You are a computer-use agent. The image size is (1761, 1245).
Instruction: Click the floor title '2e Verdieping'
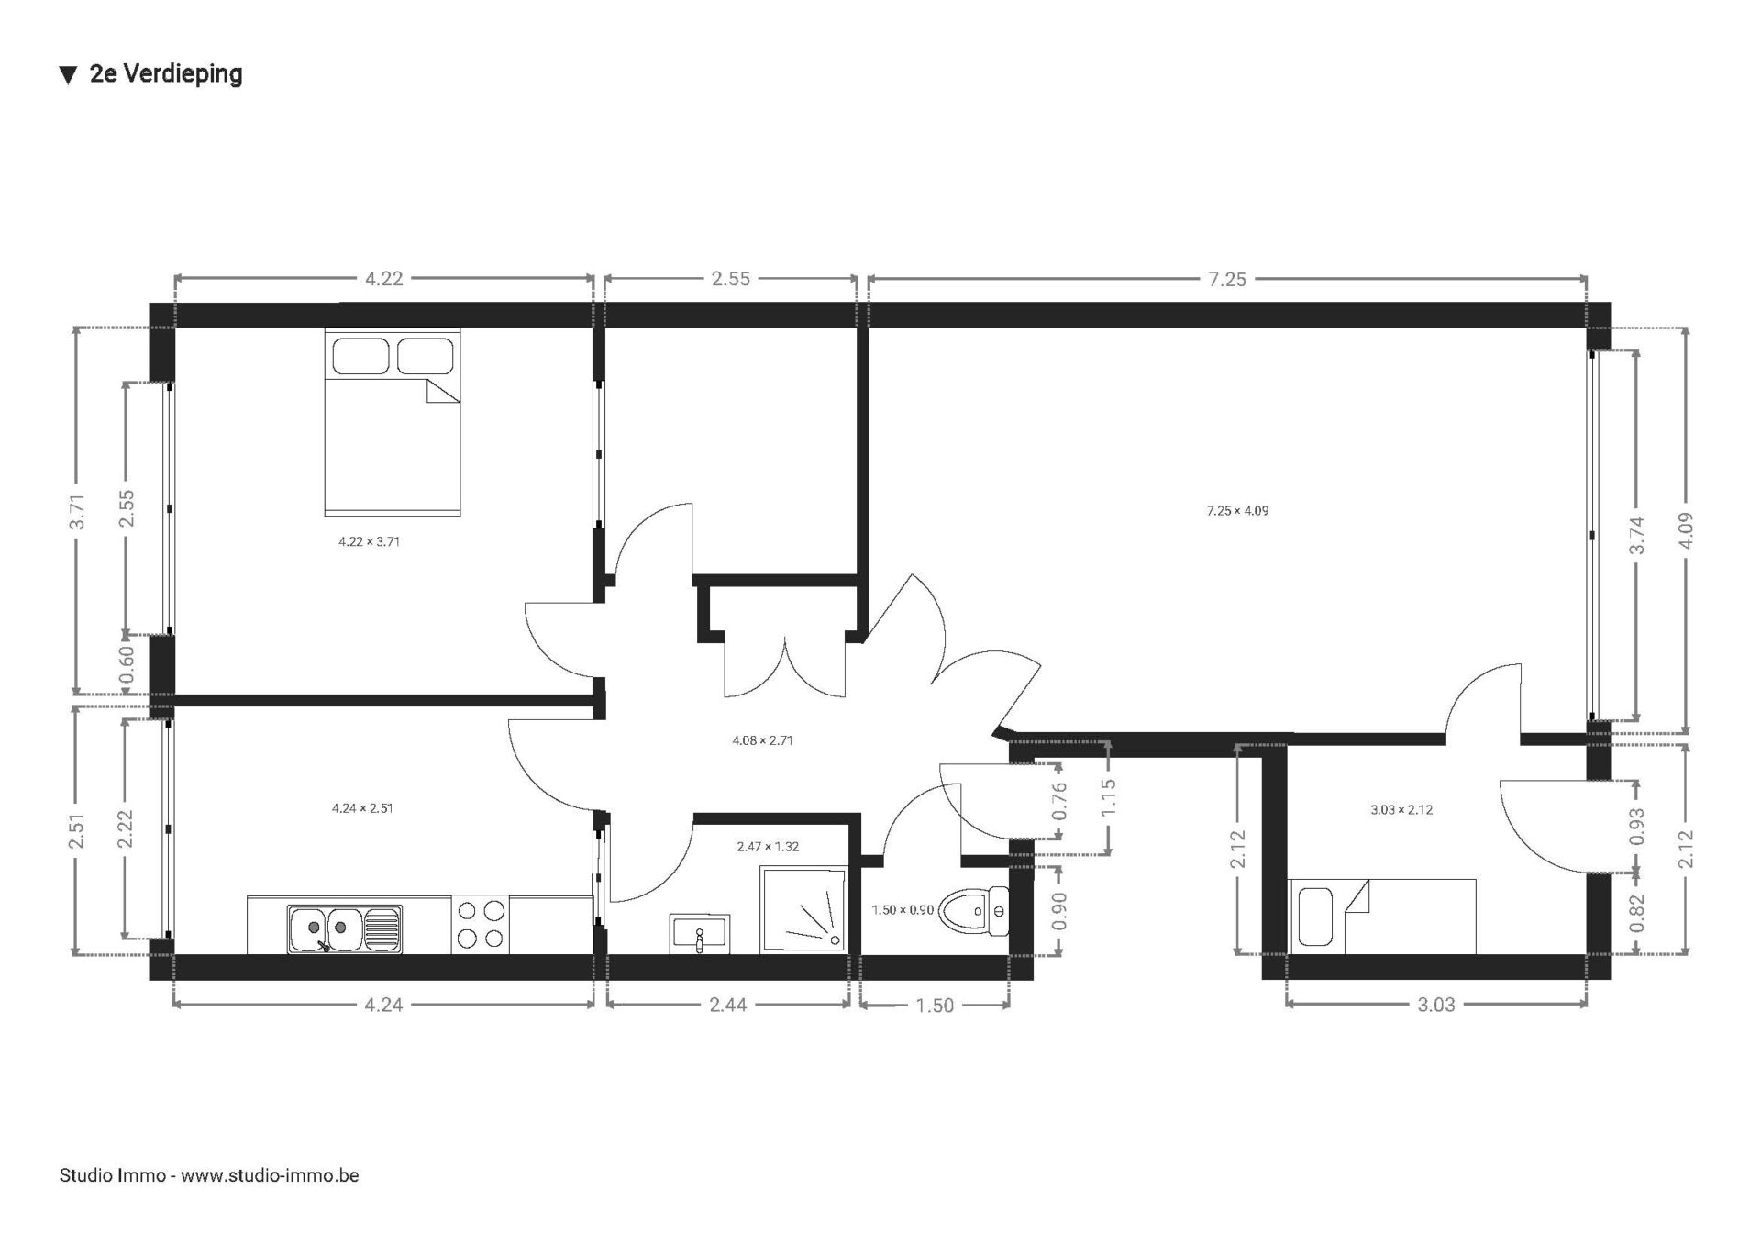pyautogui.click(x=166, y=74)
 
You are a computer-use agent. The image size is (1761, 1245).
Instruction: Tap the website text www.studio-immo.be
pyautogui.click(x=270, y=1175)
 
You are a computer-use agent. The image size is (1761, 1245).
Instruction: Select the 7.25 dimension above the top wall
pyautogui.click(x=1227, y=279)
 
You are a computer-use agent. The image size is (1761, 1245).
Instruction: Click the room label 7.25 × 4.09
pyautogui.click(x=1237, y=511)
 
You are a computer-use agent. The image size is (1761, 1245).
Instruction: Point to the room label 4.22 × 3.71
pyautogui.click(x=369, y=542)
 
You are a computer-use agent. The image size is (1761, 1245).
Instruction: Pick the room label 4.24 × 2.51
pyautogui.click(x=362, y=808)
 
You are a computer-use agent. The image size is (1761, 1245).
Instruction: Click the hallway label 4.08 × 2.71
pyautogui.click(x=762, y=740)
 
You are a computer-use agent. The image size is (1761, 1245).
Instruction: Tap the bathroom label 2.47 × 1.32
pyautogui.click(x=768, y=847)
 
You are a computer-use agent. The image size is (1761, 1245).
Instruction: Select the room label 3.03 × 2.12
pyautogui.click(x=1401, y=810)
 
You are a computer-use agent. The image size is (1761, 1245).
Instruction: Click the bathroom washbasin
pyautogui.click(x=700, y=933)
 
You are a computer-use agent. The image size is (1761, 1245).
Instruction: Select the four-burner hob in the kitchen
pyautogui.click(x=481, y=925)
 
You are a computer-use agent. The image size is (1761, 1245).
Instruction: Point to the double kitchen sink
pyautogui.click(x=344, y=929)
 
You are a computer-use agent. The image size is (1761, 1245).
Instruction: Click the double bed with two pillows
pyautogui.click(x=393, y=422)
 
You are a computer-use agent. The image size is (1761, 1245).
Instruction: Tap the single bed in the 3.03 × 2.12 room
pyautogui.click(x=1382, y=917)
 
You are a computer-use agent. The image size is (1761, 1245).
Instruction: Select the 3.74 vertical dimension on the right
pyautogui.click(x=1636, y=536)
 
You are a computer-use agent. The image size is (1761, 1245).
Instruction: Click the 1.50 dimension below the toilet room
pyautogui.click(x=935, y=1006)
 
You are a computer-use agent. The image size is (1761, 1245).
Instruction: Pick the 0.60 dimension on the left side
pyautogui.click(x=127, y=661)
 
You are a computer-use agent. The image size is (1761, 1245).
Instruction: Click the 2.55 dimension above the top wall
pyautogui.click(x=731, y=279)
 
